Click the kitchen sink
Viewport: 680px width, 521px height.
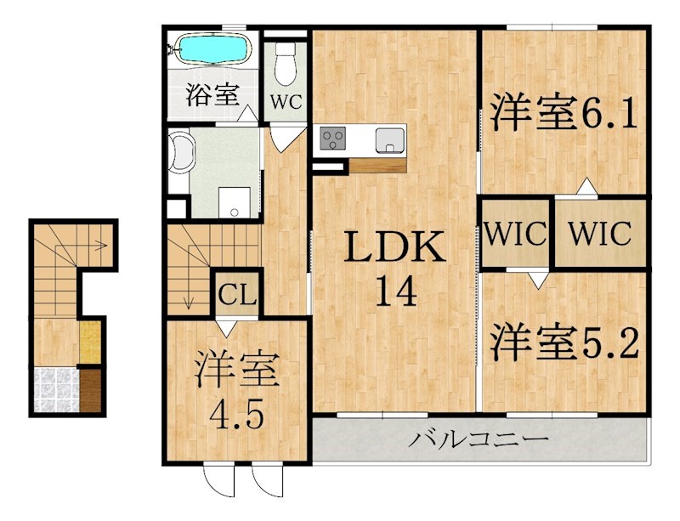(390, 139)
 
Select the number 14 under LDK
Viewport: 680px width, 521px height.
(394, 293)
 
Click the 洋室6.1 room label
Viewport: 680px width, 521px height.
(564, 115)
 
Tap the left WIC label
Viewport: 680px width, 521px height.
(516, 233)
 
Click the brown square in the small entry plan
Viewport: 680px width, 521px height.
(91, 388)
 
